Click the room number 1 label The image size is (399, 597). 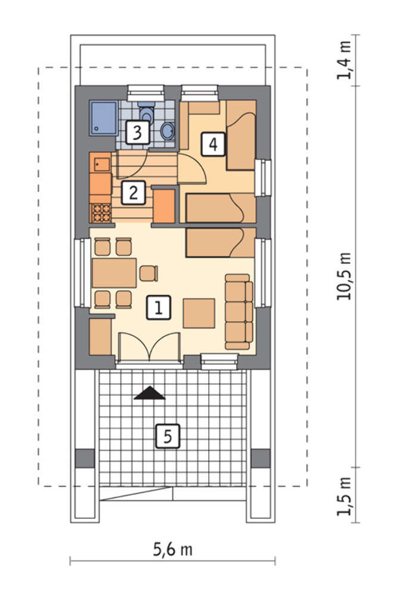tap(158, 307)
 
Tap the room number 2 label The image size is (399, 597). tap(133, 193)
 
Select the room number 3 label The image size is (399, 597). tap(137, 132)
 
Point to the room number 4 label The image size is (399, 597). tap(214, 144)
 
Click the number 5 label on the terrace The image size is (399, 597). tap(168, 436)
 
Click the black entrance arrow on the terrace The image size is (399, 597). tap(150, 393)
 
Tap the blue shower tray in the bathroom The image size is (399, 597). tap(103, 118)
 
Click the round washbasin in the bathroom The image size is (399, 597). tap(168, 131)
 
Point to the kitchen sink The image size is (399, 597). tap(102, 165)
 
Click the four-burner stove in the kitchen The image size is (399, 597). tap(101, 213)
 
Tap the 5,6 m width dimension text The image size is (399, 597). tap(173, 549)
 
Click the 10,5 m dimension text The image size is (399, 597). tap(344, 276)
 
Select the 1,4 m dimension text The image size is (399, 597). tap(344, 60)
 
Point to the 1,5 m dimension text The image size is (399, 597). tap(344, 496)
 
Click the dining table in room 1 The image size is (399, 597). tap(114, 273)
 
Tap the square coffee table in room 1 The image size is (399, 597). tap(199, 313)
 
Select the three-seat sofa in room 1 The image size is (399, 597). tap(239, 312)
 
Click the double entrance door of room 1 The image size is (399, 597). tap(149, 346)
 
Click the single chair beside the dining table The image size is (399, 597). tap(149, 273)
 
